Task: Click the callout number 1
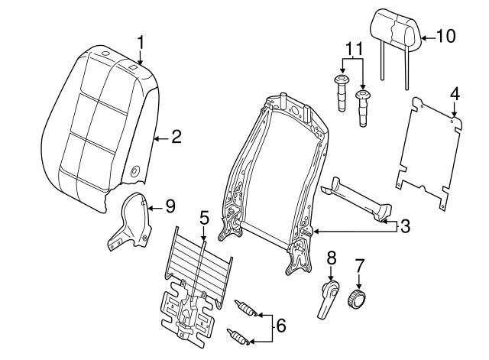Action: (x=141, y=41)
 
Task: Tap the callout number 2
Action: (x=176, y=138)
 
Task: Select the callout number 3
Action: (x=405, y=225)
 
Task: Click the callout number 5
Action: (x=204, y=217)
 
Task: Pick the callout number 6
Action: (x=280, y=326)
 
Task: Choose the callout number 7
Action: (x=359, y=264)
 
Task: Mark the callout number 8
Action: (x=331, y=256)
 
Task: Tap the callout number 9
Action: (x=170, y=206)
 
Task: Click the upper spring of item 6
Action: (x=247, y=309)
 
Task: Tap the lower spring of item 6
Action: (x=238, y=336)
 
